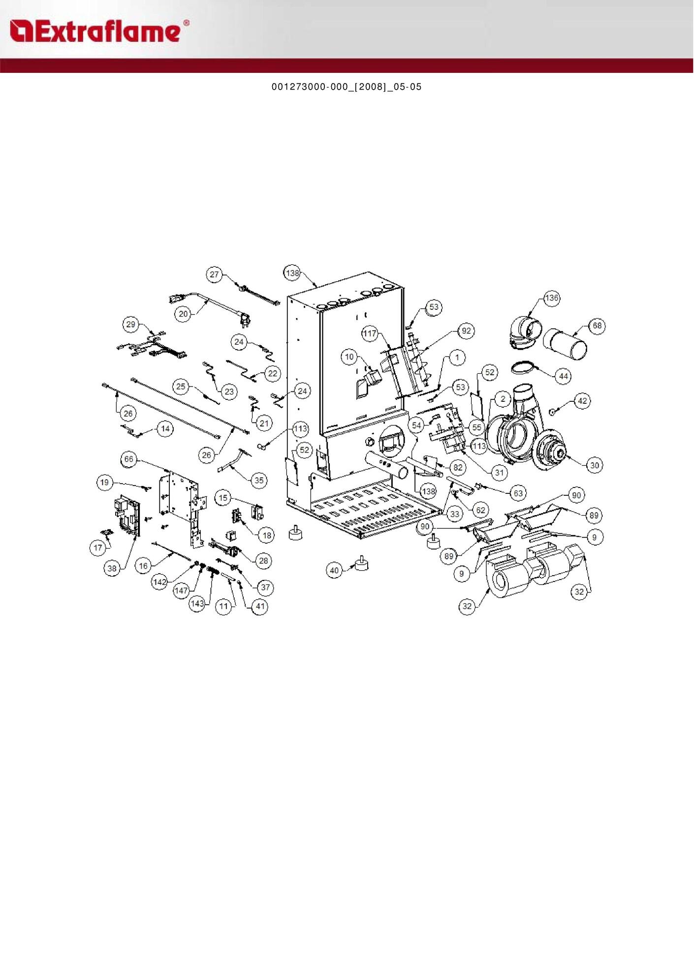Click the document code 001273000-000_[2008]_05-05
click(347, 87)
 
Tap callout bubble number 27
click(214, 274)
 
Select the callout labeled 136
click(551, 297)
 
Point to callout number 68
click(597, 325)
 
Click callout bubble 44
click(563, 376)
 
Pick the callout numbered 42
click(582, 401)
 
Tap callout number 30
click(595, 465)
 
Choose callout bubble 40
click(334, 570)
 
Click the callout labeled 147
click(181, 590)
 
